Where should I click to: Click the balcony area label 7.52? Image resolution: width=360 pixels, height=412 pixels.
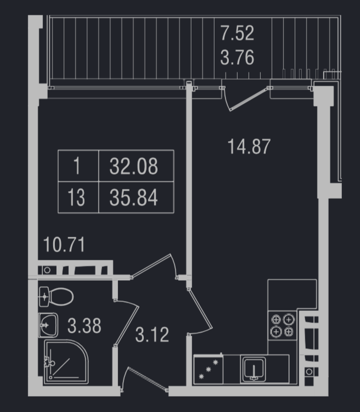pyautogui.click(x=237, y=33)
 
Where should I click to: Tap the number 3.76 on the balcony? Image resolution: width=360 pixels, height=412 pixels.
pyautogui.click(x=237, y=58)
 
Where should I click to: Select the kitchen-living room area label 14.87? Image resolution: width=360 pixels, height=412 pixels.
pyautogui.click(x=249, y=147)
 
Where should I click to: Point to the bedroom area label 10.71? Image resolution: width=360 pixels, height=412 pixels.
pyautogui.click(x=64, y=244)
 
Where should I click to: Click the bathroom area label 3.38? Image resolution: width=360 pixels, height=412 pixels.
pyautogui.click(x=85, y=326)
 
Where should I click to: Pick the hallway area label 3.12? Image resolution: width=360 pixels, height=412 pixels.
pyautogui.click(x=152, y=335)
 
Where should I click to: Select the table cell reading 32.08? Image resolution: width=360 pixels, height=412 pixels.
pyautogui.click(x=136, y=166)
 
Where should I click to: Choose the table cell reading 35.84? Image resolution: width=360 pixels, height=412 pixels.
pyautogui.click(x=136, y=197)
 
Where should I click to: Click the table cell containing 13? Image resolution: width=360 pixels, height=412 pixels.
pyautogui.click(x=78, y=197)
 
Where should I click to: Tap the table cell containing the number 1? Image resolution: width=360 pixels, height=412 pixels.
pyautogui.click(x=78, y=166)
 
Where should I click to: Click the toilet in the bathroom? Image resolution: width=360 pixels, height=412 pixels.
pyautogui.click(x=56, y=297)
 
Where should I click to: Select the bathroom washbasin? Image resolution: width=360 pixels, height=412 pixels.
pyautogui.click(x=48, y=325)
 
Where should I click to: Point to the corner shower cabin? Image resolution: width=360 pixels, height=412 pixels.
pyautogui.click(x=66, y=362)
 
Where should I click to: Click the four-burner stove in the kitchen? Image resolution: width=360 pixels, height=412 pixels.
pyautogui.click(x=282, y=325)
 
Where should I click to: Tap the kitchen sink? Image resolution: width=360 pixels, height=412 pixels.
pyautogui.click(x=254, y=369)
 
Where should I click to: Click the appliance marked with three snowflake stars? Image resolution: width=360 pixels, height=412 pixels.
pyautogui.click(x=208, y=369)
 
